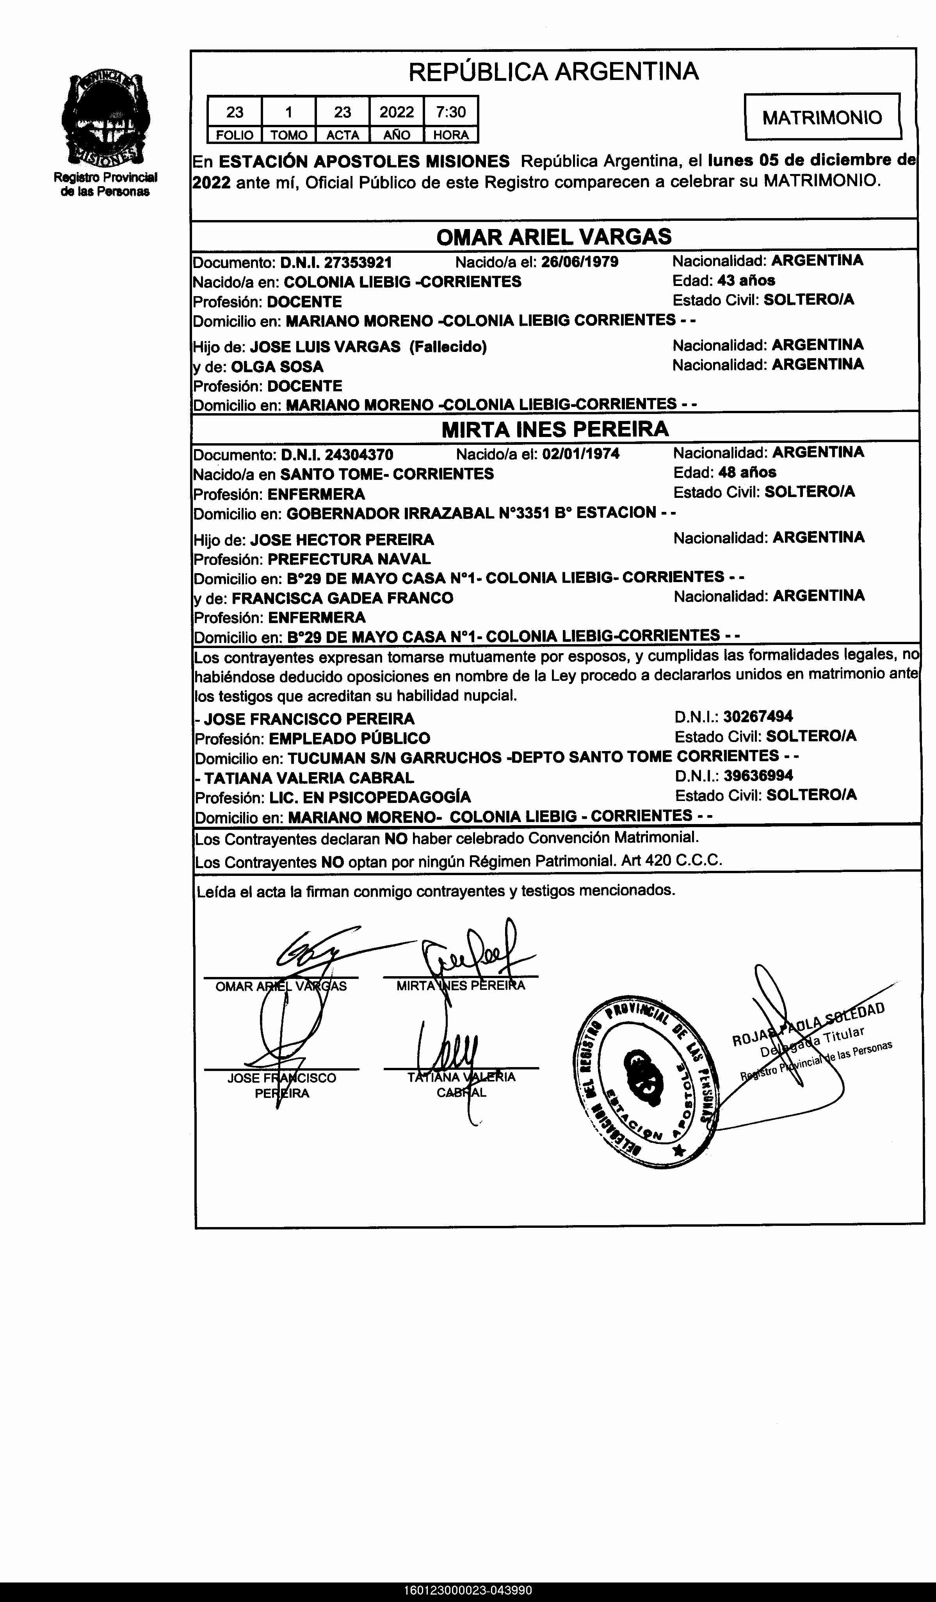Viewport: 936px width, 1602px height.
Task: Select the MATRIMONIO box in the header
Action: [x=822, y=117]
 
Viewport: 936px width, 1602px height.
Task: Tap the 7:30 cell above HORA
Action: [x=451, y=112]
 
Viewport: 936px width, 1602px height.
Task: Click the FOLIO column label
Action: [x=235, y=135]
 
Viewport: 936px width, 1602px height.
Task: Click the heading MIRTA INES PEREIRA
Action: [x=555, y=429]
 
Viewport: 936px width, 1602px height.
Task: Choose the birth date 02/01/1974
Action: [x=580, y=454]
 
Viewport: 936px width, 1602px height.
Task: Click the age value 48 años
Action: [x=747, y=472]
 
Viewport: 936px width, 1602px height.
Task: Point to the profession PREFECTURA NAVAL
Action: [x=349, y=559]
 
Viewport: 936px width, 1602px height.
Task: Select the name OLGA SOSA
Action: [x=277, y=367]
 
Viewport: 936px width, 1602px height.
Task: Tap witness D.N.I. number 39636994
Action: [x=758, y=776]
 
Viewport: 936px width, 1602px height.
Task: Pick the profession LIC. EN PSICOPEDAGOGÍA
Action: [x=369, y=797]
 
